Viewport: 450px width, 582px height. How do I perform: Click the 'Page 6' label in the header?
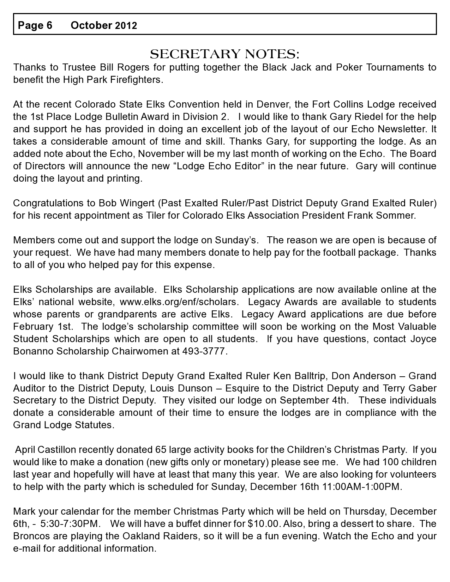click(35, 25)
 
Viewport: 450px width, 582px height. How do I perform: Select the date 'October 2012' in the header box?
click(104, 25)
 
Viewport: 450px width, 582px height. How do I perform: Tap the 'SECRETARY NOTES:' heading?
click(224, 54)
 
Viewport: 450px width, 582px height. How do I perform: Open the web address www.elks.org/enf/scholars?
click(179, 302)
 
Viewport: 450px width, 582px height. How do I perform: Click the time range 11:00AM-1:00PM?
click(362, 487)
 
